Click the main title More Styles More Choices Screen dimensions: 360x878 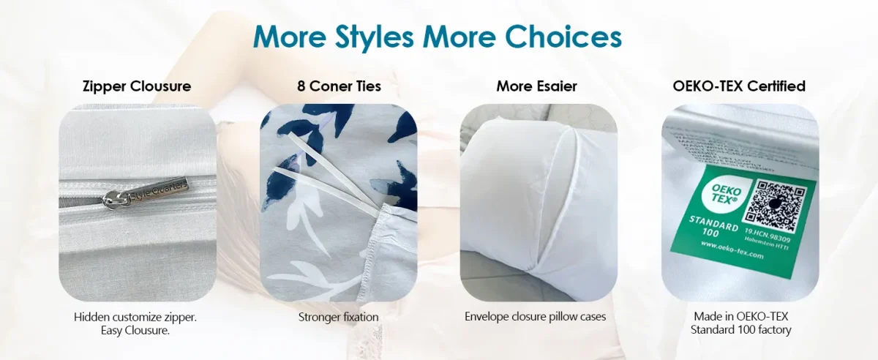coord(438,37)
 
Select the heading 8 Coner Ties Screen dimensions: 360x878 coord(339,86)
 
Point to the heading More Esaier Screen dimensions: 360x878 coord(536,86)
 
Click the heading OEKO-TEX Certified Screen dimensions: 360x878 coord(739,86)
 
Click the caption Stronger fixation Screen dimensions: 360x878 coord(339,318)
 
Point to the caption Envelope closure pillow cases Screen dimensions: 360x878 coord(536,318)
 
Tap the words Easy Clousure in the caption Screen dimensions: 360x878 coord(135,331)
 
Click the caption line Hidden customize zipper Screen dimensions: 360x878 coord(135,318)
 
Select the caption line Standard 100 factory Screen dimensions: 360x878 coord(740,331)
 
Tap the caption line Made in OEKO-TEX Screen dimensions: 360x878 coord(740,318)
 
